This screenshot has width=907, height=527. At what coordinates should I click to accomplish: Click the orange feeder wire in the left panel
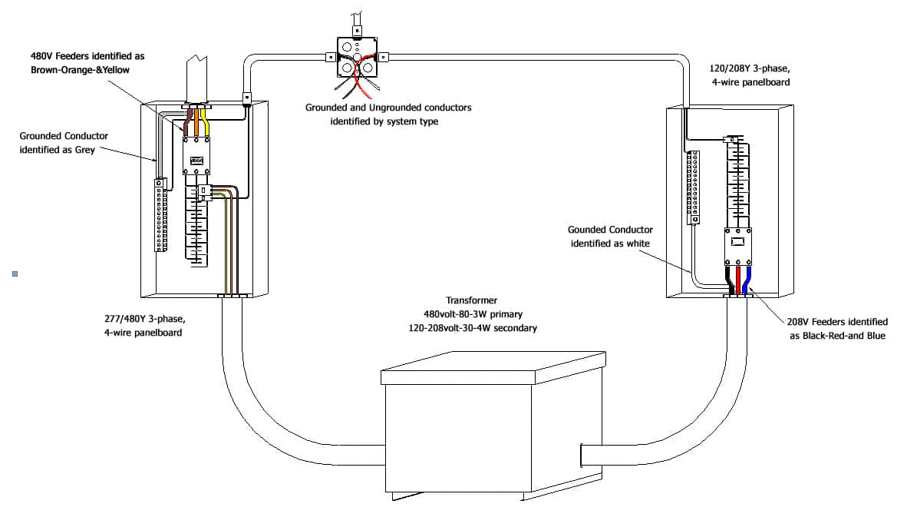tap(196, 123)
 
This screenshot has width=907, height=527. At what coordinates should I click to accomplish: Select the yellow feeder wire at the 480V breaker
tap(206, 124)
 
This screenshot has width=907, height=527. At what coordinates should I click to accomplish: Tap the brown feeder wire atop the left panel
tap(187, 124)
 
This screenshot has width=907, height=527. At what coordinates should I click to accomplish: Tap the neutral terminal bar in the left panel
tap(161, 215)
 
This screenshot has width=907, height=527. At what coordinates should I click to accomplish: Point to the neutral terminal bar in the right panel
tap(693, 187)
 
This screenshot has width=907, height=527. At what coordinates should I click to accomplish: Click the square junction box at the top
tap(358, 58)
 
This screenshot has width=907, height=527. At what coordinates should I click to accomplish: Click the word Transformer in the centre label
tap(471, 300)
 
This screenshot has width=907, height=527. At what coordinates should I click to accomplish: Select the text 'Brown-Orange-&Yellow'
tap(87, 70)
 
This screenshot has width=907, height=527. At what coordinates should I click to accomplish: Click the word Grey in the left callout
tap(84, 150)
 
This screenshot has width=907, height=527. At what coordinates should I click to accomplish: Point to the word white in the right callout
tap(637, 244)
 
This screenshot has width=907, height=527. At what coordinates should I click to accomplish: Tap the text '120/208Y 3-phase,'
tap(750, 68)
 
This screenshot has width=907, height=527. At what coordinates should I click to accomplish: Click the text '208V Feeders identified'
tap(837, 322)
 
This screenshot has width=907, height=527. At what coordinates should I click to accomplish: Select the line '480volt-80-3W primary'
tap(471, 314)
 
